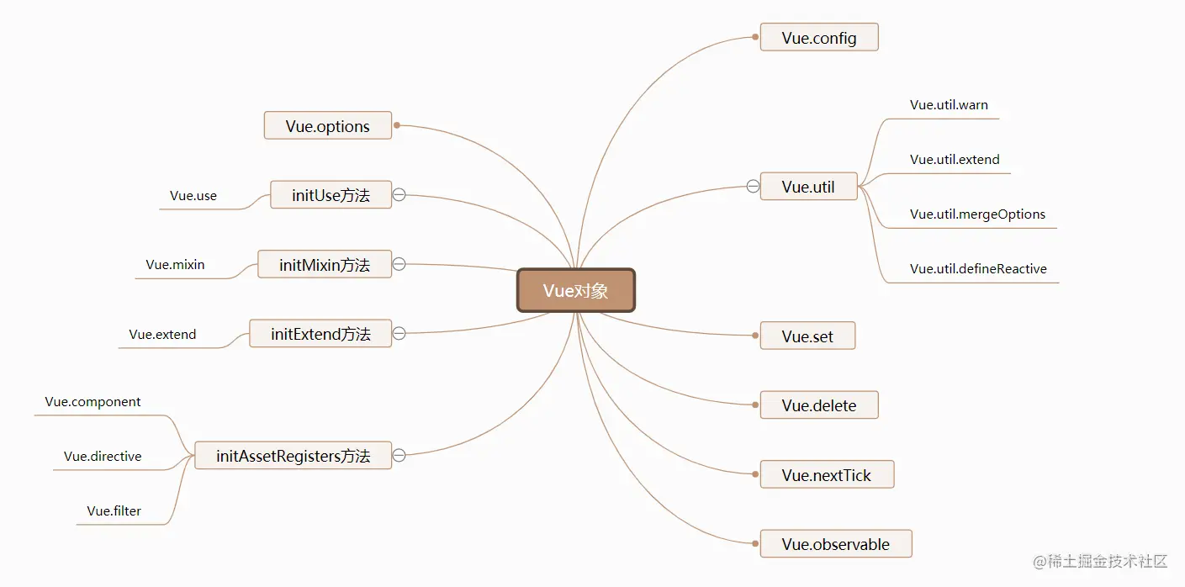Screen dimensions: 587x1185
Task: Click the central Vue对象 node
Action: pos(575,291)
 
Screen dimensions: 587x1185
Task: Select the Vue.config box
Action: pos(819,38)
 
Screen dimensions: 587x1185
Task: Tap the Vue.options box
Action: pos(328,126)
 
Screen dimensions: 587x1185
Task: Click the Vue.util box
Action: pos(808,187)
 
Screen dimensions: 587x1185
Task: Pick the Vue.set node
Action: pos(807,336)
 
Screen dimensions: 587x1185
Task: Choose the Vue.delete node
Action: pos(819,405)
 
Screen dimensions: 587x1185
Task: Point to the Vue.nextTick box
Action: pos(826,475)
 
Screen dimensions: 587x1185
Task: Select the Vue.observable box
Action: pos(835,544)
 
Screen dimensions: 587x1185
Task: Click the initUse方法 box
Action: pos(331,195)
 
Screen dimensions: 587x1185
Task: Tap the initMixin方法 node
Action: pos(325,265)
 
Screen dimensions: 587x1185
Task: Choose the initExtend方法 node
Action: pos(320,334)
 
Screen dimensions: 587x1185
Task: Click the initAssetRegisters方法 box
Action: pos(293,456)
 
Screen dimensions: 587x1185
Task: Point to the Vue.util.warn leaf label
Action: pos(949,105)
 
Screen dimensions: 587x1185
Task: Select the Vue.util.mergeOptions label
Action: pos(977,214)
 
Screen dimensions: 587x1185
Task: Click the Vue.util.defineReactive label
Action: pos(978,269)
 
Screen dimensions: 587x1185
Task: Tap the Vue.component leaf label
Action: pos(93,402)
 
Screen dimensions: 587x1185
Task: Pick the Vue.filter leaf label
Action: pos(114,511)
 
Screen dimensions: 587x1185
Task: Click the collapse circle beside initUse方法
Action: pos(399,195)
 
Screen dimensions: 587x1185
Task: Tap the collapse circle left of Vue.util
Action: pos(753,187)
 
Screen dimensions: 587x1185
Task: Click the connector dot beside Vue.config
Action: pos(755,37)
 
